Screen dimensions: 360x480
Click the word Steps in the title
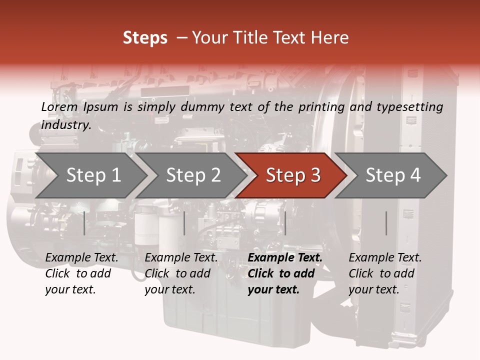point(145,37)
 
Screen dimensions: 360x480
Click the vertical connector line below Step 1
point(84,223)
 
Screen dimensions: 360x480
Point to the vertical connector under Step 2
point(184,223)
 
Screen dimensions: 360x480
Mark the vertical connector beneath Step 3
point(285,223)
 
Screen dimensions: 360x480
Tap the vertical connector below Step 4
point(386,223)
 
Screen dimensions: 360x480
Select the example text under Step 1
point(81,273)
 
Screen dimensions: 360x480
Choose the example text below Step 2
point(181,273)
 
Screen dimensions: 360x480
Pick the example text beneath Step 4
point(385,273)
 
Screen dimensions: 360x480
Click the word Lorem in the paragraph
point(59,106)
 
